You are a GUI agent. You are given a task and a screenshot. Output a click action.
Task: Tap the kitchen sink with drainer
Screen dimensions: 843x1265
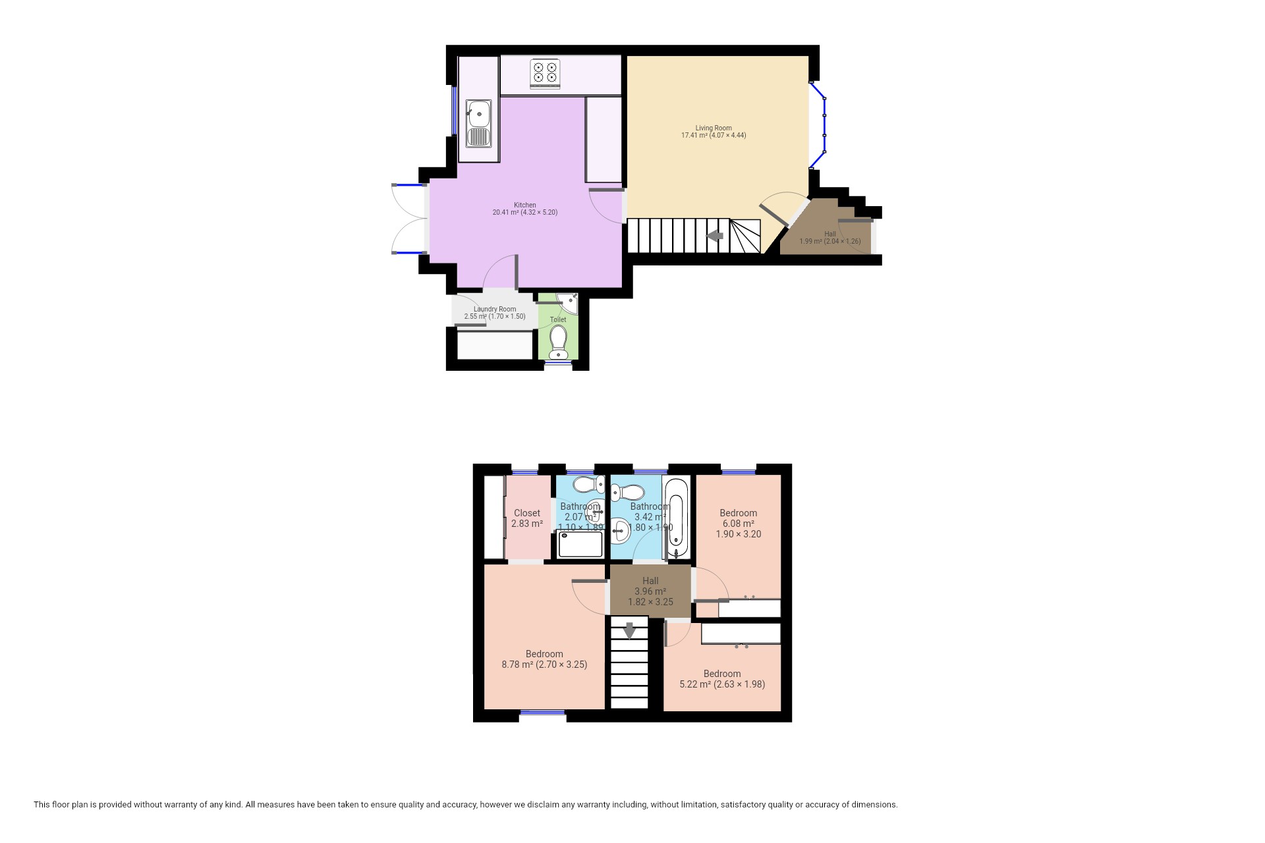pos(479,123)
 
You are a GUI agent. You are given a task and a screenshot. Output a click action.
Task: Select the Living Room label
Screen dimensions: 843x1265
pos(714,132)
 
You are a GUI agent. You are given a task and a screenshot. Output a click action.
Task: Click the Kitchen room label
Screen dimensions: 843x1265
pos(525,209)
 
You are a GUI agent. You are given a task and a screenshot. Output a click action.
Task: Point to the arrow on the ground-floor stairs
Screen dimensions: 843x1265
pos(714,236)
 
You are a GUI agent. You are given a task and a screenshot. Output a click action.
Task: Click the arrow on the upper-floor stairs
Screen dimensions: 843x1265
pos(629,630)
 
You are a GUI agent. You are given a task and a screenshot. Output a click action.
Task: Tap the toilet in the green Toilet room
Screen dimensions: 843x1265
pos(559,342)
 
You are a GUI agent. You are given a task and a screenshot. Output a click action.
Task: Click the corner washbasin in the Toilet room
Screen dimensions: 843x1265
pos(569,302)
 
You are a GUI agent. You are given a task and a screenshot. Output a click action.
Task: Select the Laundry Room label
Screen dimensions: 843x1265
pos(495,313)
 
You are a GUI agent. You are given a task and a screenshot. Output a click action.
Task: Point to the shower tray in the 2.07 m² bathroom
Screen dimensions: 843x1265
pos(580,545)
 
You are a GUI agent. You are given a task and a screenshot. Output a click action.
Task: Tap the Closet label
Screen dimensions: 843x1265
pos(527,518)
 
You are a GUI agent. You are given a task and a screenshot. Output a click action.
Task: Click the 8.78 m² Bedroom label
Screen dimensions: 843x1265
pos(544,659)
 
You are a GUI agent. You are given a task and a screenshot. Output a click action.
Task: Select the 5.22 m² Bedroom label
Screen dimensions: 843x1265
pos(722,679)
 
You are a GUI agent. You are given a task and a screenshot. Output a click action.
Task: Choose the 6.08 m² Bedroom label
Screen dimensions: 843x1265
pos(738,524)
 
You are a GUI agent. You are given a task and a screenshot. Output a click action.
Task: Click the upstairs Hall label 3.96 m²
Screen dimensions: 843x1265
pos(650,591)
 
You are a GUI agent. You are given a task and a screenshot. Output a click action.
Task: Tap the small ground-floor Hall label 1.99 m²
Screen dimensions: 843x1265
pos(830,238)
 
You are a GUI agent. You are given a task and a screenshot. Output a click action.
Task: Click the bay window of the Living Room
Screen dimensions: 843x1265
pos(824,125)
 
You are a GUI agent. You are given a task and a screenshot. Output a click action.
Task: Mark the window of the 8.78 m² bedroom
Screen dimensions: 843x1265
pos(542,712)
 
